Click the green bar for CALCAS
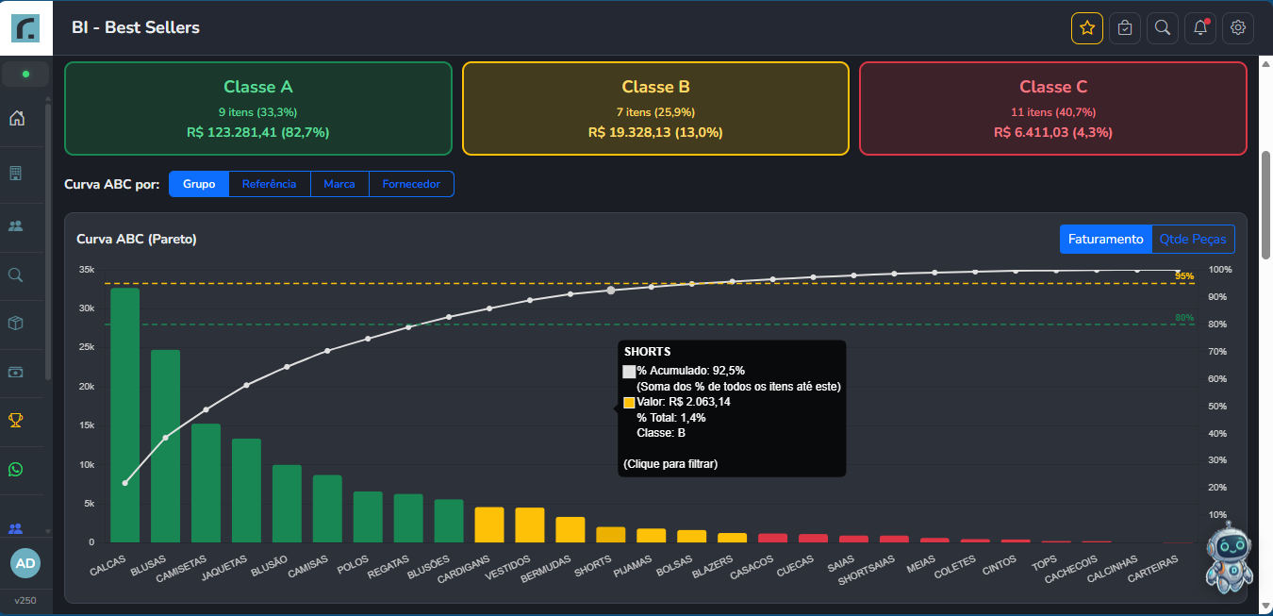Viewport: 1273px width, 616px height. (124, 415)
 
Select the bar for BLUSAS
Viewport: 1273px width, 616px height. (165, 446)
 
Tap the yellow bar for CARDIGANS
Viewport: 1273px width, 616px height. (489, 524)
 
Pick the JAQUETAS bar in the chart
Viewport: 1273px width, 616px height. (246, 491)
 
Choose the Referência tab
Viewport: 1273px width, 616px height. (269, 184)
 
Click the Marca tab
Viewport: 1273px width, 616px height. (339, 184)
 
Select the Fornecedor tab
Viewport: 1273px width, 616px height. (411, 184)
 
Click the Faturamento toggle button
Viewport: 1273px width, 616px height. (1105, 239)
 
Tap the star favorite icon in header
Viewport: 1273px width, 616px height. (1087, 28)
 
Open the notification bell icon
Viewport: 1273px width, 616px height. (1200, 28)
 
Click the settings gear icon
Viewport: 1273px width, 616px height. (1238, 28)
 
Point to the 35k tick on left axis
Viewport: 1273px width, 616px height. (87, 270)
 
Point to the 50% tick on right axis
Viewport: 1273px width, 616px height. (1217, 407)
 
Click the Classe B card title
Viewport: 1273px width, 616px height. (655, 87)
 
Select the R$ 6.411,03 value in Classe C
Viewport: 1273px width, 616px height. (1033, 132)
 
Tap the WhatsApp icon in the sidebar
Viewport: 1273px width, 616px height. (16, 469)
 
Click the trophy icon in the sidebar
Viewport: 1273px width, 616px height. (16, 421)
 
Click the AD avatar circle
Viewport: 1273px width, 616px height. (25, 563)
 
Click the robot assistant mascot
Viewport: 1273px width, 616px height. (1230, 557)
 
